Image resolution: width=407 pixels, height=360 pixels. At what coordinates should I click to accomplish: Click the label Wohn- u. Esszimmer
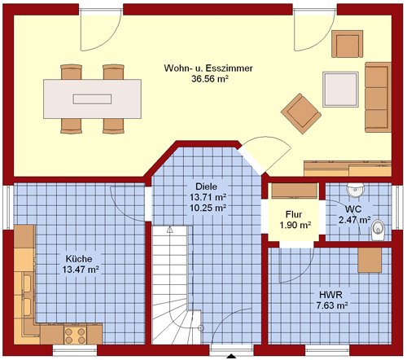[x=208, y=68]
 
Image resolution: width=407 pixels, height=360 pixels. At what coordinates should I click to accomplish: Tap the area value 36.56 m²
[x=209, y=79]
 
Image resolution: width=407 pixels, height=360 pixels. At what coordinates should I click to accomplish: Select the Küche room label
[x=79, y=259]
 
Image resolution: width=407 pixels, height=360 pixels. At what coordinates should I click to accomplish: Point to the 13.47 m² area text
[x=81, y=270]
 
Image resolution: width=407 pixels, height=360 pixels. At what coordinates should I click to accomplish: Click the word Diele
[x=207, y=187]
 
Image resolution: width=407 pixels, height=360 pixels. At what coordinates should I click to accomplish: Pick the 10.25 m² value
[x=208, y=209]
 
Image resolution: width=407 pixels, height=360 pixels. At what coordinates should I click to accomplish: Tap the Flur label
[x=294, y=214]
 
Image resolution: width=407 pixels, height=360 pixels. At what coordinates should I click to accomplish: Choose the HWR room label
[x=330, y=295]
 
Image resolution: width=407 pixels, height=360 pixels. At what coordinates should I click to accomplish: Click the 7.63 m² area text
[x=332, y=305]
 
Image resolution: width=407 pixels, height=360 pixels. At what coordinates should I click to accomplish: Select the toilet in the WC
[x=379, y=230]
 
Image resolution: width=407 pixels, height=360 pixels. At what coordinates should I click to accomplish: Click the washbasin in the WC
[x=356, y=190]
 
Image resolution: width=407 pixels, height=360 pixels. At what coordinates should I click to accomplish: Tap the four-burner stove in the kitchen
[x=75, y=336]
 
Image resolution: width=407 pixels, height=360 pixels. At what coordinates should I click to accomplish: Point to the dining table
[x=92, y=99]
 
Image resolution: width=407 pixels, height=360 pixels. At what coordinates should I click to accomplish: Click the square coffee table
[x=340, y=90]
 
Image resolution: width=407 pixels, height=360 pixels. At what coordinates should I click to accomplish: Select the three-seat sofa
[x=378, y=97]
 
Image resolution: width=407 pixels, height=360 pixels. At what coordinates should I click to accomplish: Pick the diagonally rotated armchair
[x=301, y=113]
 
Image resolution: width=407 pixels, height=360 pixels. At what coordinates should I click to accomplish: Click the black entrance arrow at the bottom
[x=231, y=357]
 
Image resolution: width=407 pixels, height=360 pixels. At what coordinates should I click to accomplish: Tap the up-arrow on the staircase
[x=170, y=230]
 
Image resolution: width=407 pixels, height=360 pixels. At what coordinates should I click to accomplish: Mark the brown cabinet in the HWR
[x=370, y=260]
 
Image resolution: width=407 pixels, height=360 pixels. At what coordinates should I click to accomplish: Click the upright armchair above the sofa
[x=348, y=44]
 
